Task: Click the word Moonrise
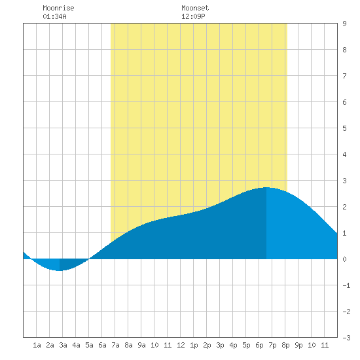click(58, 8)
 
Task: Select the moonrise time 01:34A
click(54, 16)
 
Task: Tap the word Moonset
click(195, 8)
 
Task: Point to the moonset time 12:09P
click(193, 16)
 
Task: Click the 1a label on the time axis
click(37, 345)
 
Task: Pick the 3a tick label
click(63, 345)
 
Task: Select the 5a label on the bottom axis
click(89, 345)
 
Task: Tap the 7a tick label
click(115, 345)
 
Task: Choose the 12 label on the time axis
click(181, 345)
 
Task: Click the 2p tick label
click(207, 345)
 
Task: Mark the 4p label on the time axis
click(233, 345)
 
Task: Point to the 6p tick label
click(259, 345)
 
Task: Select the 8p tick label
click(285, 345)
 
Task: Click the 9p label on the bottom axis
click(298, 345)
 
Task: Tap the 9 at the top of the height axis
click(344, 24)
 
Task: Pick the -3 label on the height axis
click(346, 338)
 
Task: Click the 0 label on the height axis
click(344, 259)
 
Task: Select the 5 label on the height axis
click(344, 128)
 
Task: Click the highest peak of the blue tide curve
click(266, 188)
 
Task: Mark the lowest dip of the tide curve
click(59, 271)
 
